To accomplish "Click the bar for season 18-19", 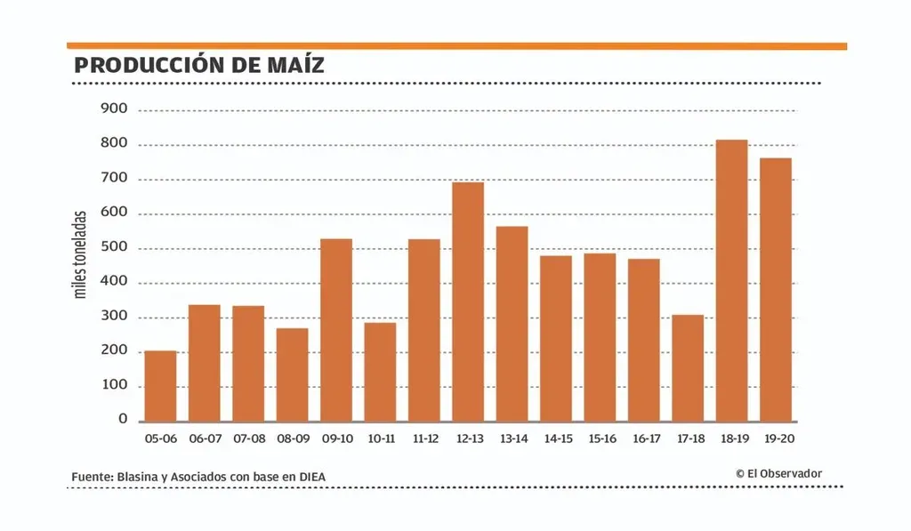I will pyautogui.click(x=731, y=280).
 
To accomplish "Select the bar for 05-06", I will pyautogui.click(x=160, y=386).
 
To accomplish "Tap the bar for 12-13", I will pyautogui.click(x=468, y=302).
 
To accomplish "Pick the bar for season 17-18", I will pyautogui.click(x=688, y=368).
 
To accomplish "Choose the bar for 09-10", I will pyautogui.click(x=336, y=330).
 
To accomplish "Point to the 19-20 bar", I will pyautogui.click(x=776, y=289).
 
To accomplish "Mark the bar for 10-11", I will pyautogui.click(x=380, y=372).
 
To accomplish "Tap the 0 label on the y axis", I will pyautogui.click(x=124, y=420).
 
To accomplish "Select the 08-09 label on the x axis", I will pyautogui.click(x=293, y=438).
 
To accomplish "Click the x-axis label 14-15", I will pyautogui.click(x=556, y=438).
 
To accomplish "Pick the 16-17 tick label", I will pyautogui.click(x=644, y=438).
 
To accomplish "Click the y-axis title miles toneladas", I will pyautogui.click(x=81, y=254).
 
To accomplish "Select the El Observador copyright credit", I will pyautogui.click(x=778, y=474).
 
